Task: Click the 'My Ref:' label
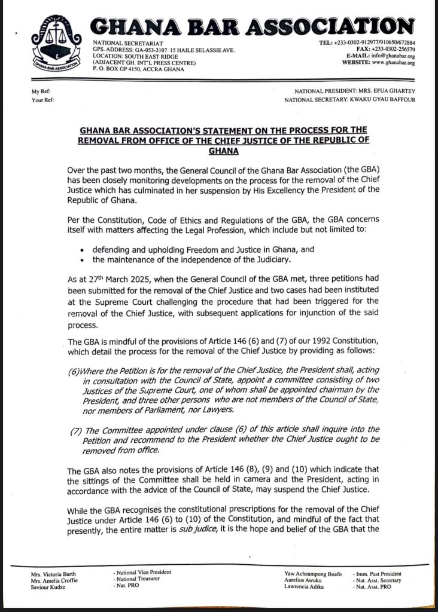[42, 91]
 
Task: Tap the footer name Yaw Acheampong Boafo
[314, 574]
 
